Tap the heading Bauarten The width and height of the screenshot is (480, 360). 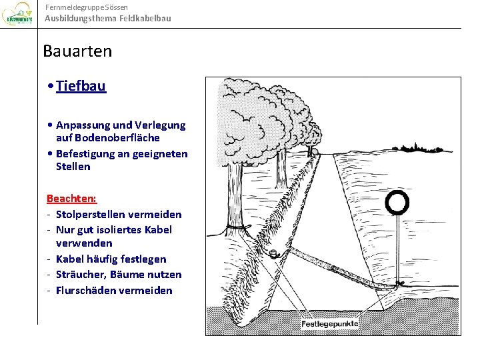pos(77,51)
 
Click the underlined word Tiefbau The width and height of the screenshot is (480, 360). pos(81,86)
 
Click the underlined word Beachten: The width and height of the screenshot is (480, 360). pos(71,199)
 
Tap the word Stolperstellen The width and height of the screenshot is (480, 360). pos(89,215)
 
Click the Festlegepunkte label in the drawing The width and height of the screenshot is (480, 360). pos(330,324)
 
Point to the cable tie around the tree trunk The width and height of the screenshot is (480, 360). pos(234,228)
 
